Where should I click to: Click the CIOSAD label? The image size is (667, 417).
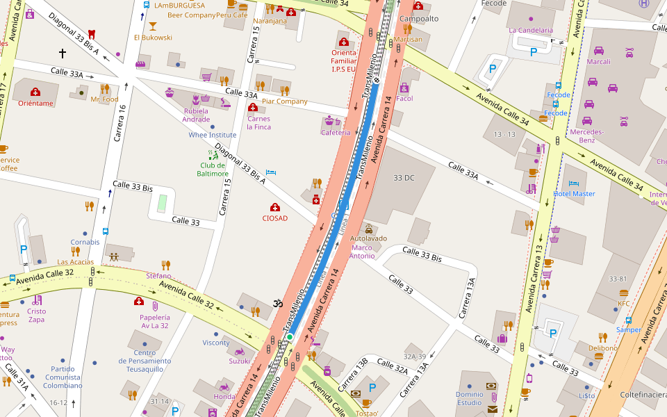(x=274, y=218)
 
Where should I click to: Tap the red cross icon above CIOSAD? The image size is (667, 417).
(x=275, y=207)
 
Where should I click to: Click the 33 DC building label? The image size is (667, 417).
(x=404, y=178)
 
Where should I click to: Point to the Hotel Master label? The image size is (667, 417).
(x=574, y=194)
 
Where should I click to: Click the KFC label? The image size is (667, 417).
(x=624, y=304)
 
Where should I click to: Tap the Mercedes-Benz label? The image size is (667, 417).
(x=587, y=136)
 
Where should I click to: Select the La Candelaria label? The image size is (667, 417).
(x=531, y=31)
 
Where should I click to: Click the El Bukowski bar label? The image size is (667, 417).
(x=153, y=38)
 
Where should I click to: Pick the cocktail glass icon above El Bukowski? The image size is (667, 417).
(x=153, y=26)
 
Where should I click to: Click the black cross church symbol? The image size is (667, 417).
(x=63, y=53)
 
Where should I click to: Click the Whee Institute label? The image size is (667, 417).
(x=213, y=135)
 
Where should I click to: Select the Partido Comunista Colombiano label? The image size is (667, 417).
(x=64, y=377)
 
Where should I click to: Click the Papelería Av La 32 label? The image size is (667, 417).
(x=154, y=321)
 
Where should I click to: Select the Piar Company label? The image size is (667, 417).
(x=284, y=101)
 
